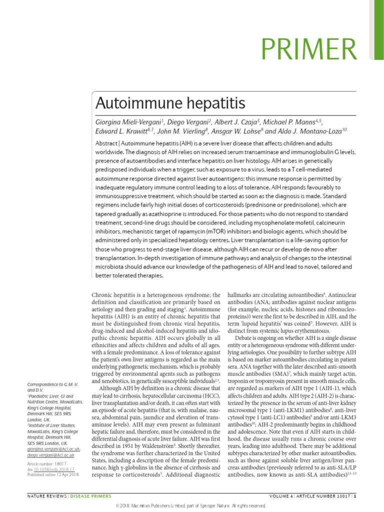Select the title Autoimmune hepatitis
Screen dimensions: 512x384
170,103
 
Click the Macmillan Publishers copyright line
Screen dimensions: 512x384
192,505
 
